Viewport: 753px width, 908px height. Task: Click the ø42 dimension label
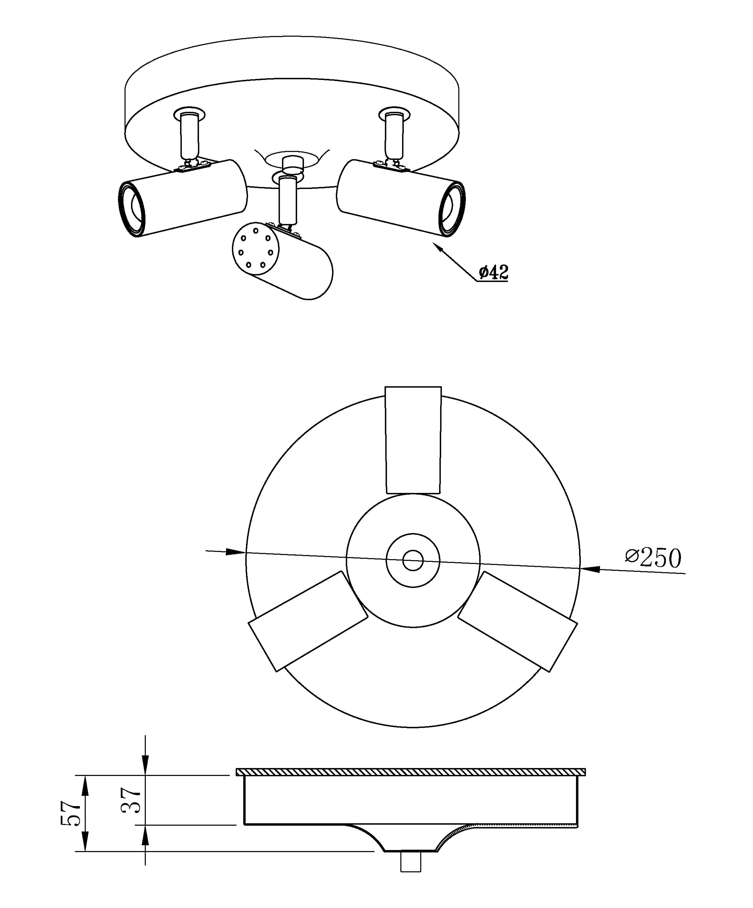click(493, 272)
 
